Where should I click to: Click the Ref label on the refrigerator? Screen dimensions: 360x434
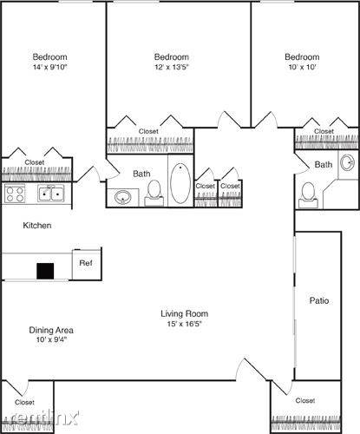86,263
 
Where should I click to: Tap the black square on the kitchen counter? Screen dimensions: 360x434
45,271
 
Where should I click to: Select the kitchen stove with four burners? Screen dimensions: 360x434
15,194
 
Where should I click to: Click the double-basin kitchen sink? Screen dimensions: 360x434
50,194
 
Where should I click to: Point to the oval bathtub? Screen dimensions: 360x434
180,182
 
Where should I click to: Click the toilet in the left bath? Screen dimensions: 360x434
154,193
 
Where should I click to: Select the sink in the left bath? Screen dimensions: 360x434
122,198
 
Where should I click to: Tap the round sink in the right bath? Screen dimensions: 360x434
347,162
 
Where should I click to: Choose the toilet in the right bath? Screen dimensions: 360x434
308,195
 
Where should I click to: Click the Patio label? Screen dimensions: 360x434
319,300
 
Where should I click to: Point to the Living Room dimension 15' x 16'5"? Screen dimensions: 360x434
184,324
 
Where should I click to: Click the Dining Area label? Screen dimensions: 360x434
51,330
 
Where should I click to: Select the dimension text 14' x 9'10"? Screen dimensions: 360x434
50,67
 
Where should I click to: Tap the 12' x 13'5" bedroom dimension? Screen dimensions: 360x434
172,67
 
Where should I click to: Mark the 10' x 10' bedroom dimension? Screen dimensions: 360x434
302,67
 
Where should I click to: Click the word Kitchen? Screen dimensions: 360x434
37,226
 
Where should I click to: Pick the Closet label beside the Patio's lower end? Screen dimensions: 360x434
305,400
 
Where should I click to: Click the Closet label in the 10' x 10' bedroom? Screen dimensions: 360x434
324,131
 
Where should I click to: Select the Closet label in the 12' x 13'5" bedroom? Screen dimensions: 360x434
148,131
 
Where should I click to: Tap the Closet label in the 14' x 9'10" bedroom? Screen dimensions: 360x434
35,162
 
